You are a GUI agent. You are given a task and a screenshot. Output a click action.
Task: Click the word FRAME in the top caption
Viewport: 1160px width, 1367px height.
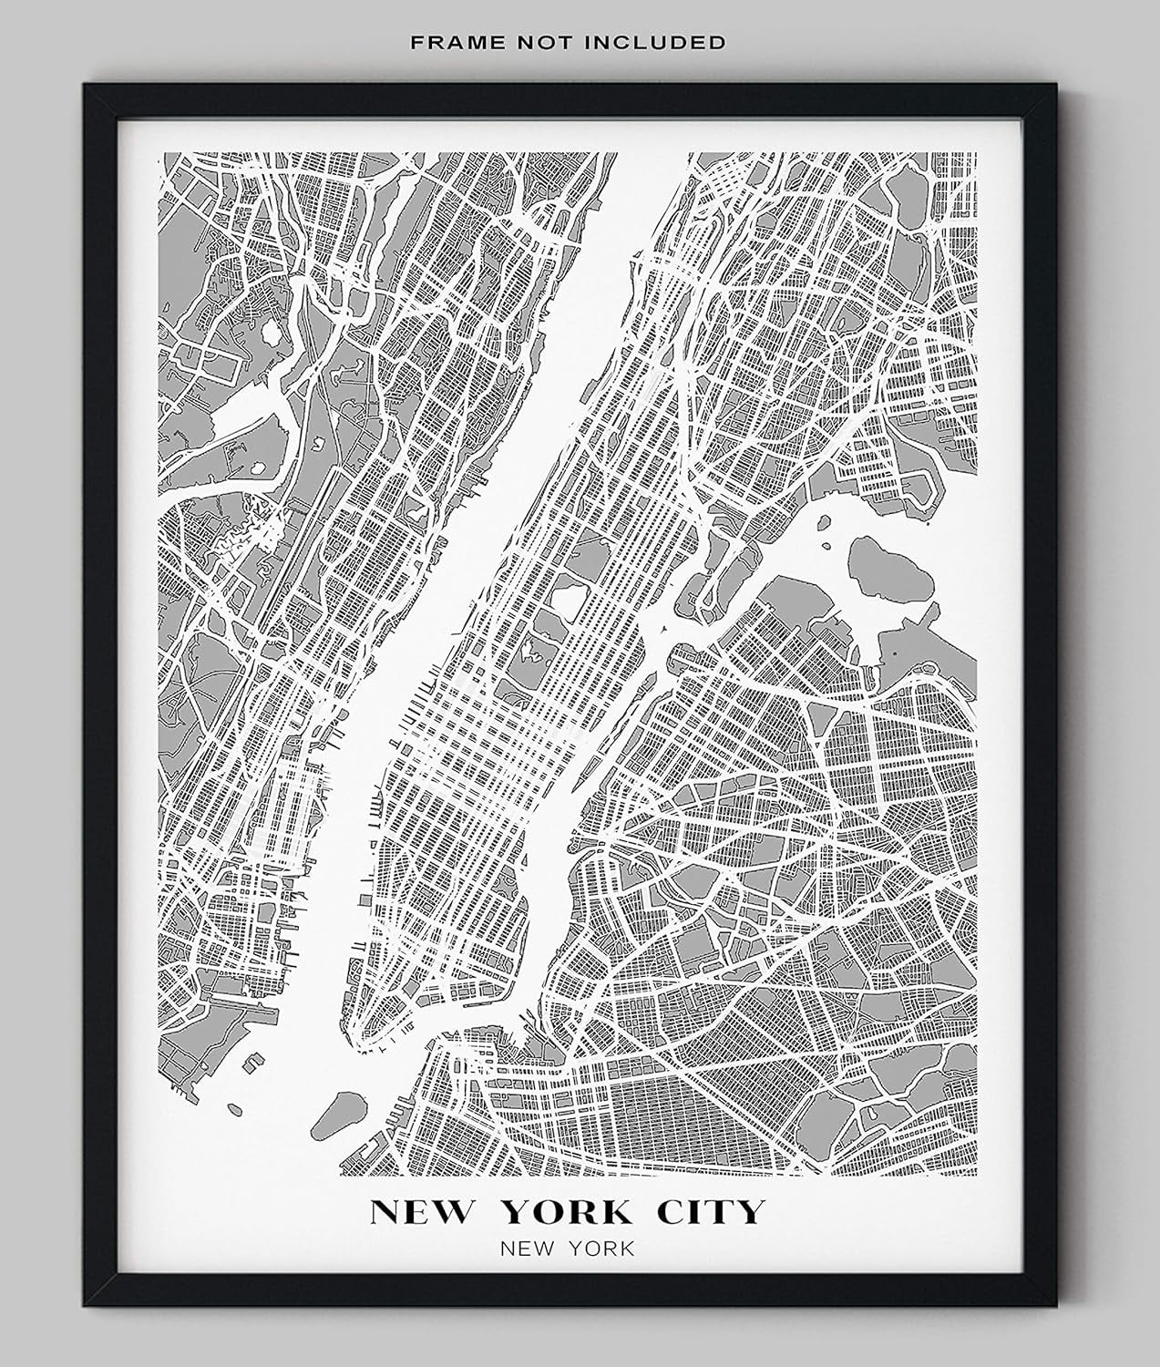pos(435,42)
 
